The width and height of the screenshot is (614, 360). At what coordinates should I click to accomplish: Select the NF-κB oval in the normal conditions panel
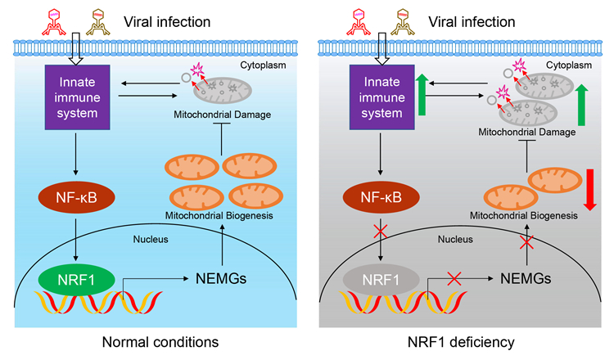pyautogui.click(x=75, y=198)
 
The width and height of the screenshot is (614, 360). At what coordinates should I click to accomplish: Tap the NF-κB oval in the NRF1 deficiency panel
pyautogui.click(x=381, y=198)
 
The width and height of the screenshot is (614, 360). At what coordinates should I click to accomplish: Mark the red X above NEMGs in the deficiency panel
pyautogui.click(x=527, y=243)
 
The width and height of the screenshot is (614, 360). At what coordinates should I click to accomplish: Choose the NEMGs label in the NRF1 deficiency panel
pyautogui.click(x=527, y=280)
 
